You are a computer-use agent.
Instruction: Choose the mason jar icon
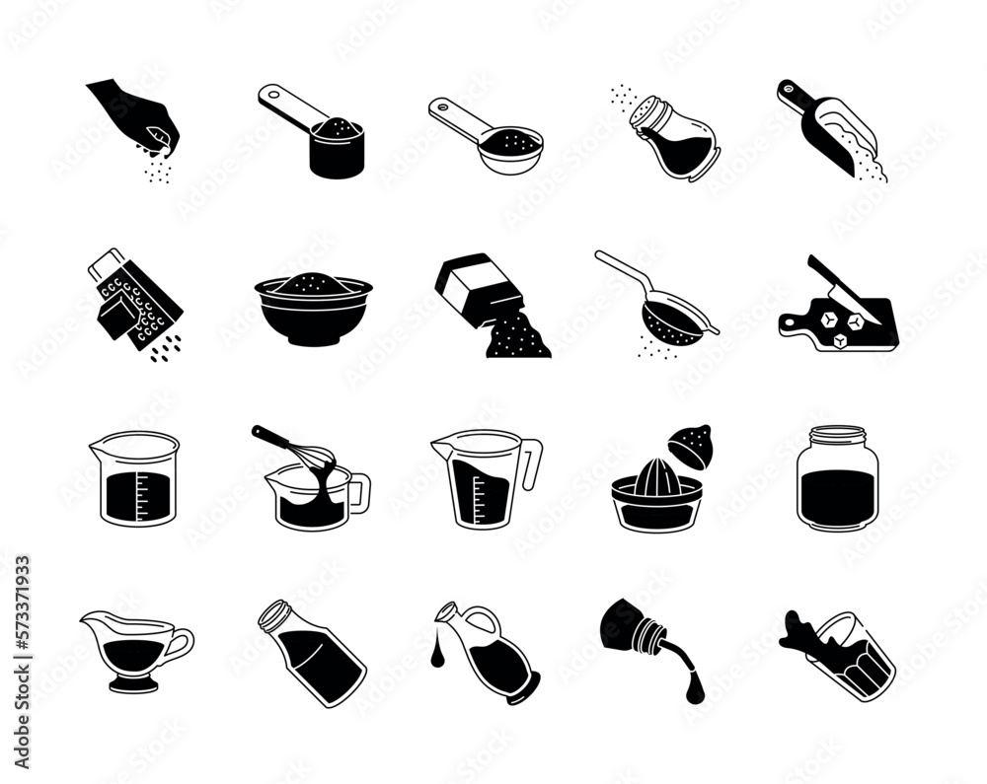click(x=838, y=478)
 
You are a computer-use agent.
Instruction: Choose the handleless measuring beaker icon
click(x=134, y=478)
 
